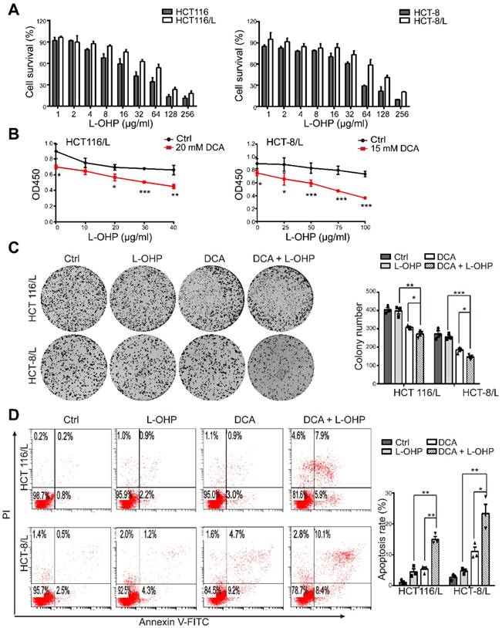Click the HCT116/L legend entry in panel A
point(173,19)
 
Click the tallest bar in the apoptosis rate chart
point(485,550)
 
